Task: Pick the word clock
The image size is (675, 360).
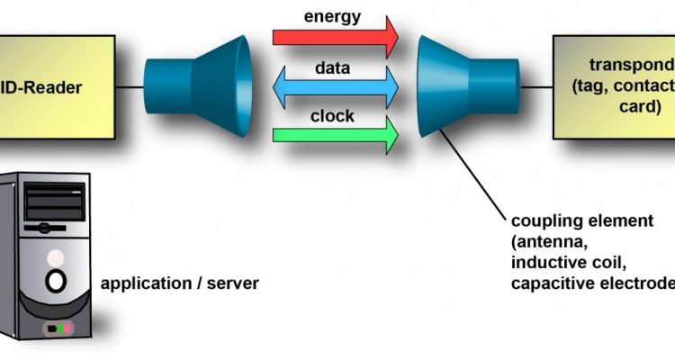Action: pos(332,116)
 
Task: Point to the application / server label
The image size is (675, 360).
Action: pos(180,283)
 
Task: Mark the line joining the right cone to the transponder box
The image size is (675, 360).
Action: pos(536,86)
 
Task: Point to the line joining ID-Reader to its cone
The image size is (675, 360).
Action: pos(130,86)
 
